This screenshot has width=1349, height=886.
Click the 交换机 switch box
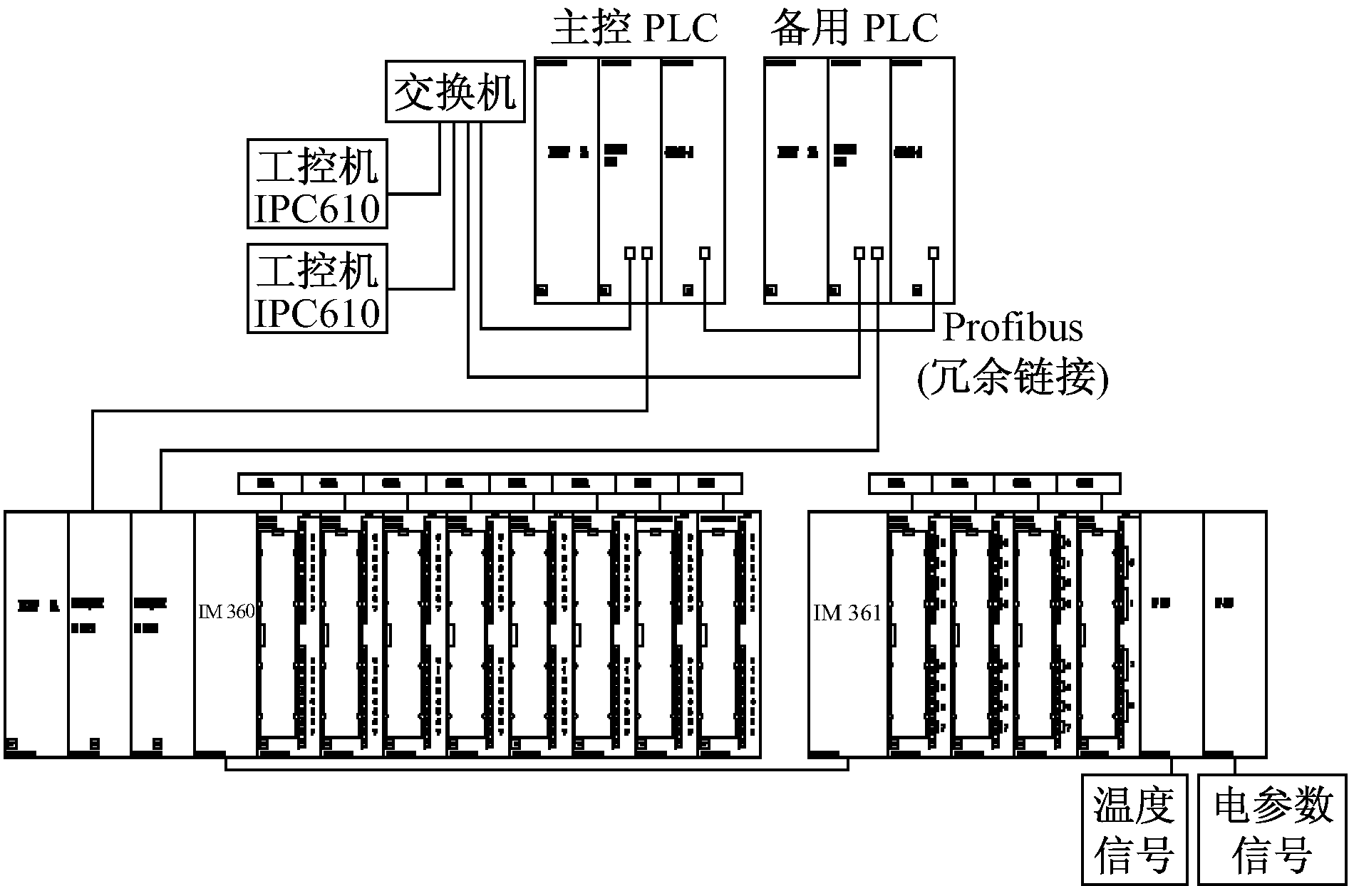pyautogui.click(x=455, y=92)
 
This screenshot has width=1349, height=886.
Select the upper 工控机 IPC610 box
pyautogui.click(x=317, y=184)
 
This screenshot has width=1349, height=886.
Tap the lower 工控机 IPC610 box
pyautogui.click(x=317, y=288)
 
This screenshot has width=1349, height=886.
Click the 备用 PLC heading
pyautogui.click(x=854, y=28)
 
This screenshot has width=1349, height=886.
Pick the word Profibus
pyautogui.click(x=1013, y=328)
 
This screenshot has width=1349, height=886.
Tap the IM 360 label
pyautogui.click(x=226, y=612)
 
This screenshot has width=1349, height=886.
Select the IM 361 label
pyautogui.click(x=847, y=613)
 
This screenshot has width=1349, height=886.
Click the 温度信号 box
pyautogui.click(x=1134, y=830)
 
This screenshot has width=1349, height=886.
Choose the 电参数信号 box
pyautogui.click(x=1273, y=830)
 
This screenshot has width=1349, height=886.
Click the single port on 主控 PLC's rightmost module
pyautogui.click(x=705, y=253)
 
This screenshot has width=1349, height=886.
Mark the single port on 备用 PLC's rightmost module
pyautogui.click(x=934, y=253)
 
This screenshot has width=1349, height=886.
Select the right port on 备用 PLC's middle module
pyautogui.click(x=877, y=253)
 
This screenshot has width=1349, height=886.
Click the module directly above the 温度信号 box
pyautogui.click(x=1172, y=634)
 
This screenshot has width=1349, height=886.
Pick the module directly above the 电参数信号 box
pyautogui.click(x=1235, y=634)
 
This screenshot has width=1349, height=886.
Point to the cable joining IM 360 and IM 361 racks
pyautogui.click(x=534, y=770)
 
